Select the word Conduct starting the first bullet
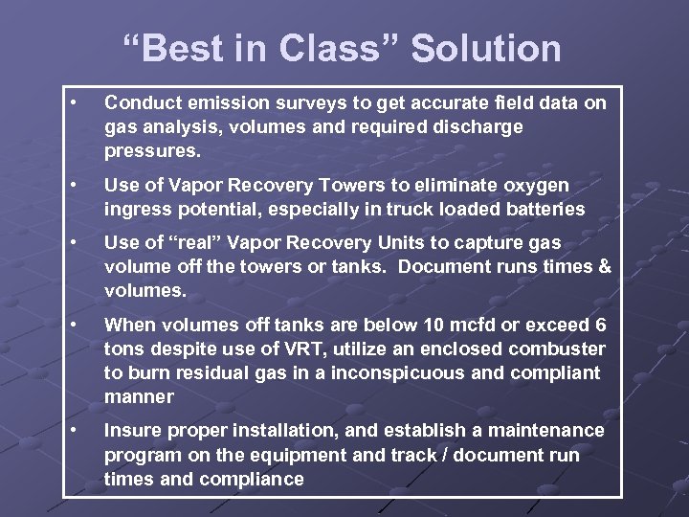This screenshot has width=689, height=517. click(140, 102)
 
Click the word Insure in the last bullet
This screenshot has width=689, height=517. click(133, 432)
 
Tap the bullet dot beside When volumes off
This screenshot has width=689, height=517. click(75, 324)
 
